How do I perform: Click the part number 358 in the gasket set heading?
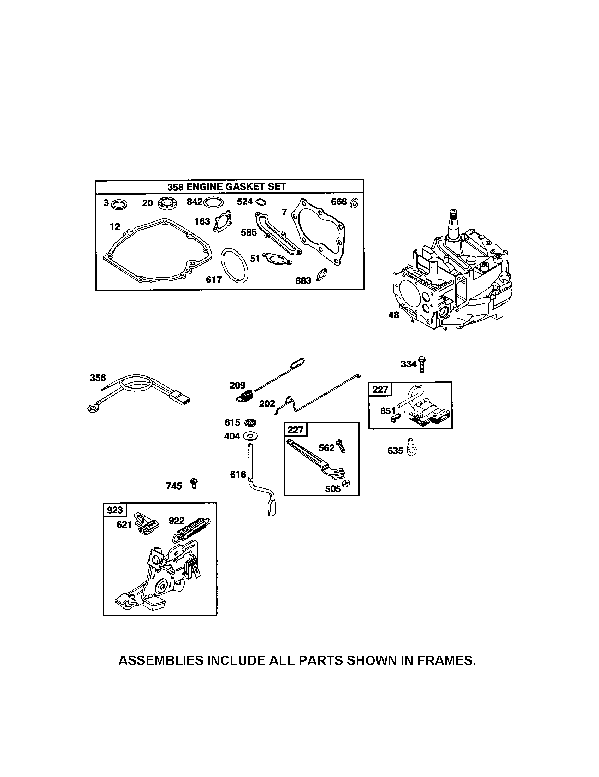(176, 186)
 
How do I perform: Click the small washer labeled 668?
(354, 203)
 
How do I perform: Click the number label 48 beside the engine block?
(393, 315)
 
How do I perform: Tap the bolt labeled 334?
(422, 363)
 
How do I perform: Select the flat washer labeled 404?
(250, 435)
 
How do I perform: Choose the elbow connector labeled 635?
(413, 447)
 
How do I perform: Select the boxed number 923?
(114, 510)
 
